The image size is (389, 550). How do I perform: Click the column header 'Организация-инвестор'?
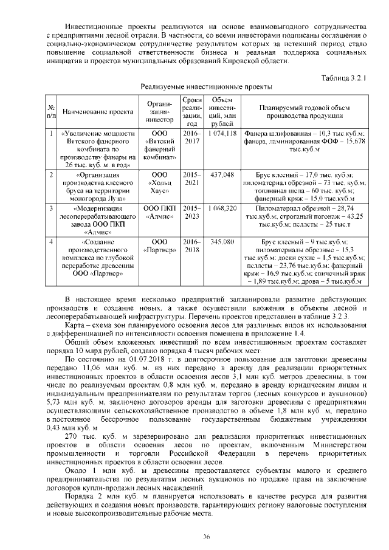coord(160,111)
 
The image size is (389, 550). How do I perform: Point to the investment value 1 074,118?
coord(222,133)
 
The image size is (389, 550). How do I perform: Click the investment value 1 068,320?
coord(222,208)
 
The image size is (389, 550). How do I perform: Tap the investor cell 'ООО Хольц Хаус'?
coord(160,178)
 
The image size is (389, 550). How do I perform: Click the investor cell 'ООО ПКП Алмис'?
coord(160,211)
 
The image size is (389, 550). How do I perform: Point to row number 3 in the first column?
coord(52,208)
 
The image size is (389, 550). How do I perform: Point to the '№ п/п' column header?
coord(52,111)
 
